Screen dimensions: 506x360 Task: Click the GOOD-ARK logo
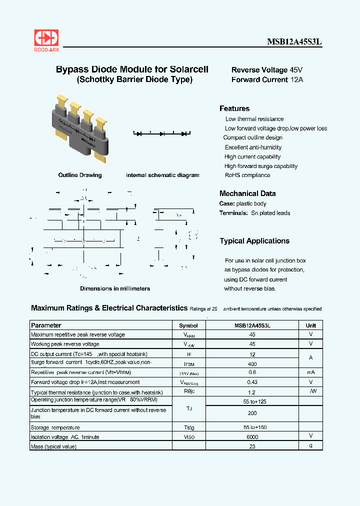(x=46, y=39)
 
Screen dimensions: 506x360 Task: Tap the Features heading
(x=234, y=108)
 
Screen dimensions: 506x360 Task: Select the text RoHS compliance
(x=247, y=175)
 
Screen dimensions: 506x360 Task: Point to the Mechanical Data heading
(x=247, y=193)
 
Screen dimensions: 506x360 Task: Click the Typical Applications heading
(x=254, y=241)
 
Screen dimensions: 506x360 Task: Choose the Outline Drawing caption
(x=80, y=175)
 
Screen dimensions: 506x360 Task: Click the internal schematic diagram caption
(x=162, y=175)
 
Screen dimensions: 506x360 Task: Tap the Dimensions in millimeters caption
(x=115, y=288)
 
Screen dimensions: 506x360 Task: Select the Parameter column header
(x=46, y=325)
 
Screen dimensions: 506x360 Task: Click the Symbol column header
(x=188, y=325)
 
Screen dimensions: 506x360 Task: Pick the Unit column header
(x=311, y=325)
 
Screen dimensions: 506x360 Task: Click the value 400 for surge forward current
(x=252, y=364)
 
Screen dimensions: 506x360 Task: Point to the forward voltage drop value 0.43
(x=252, y=382)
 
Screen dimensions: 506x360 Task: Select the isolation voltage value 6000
(x=252, y=437)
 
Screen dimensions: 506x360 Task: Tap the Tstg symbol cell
(x=188, y=428)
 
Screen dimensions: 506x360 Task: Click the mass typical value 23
(x=252, y=446)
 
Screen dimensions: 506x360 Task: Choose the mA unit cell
(x=311, y=372)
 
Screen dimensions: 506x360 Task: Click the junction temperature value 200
(x=252, y=413)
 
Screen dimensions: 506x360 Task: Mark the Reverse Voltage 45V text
(x=267, y=70)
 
